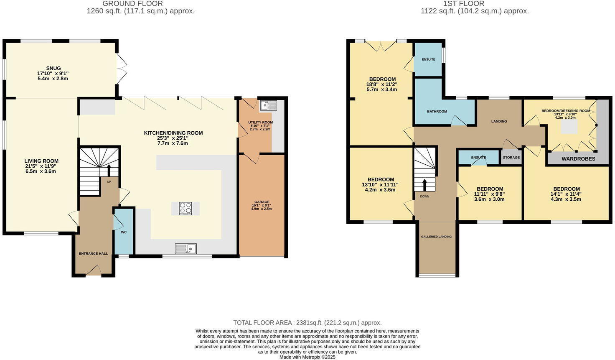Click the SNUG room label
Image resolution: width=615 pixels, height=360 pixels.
(53, 68)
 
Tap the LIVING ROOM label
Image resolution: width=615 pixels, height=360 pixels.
(41, 161)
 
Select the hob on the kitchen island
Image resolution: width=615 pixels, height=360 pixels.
(186, 208)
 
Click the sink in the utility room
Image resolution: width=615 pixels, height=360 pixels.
(265, 105)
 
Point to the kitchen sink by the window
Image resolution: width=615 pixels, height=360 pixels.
(186, 249)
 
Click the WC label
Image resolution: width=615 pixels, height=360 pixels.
(124, 232)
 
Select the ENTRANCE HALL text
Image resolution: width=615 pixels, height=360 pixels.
(94, 253)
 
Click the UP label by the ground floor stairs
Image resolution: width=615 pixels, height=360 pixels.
(109, 181)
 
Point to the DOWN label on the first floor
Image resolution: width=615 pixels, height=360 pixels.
(424, 196)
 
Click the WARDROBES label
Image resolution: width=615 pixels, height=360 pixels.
(578, 159)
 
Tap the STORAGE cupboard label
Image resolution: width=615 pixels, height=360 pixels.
(511, 157)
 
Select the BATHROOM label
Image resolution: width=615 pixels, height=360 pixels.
(437, 112)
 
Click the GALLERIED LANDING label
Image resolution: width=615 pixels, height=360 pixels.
(436, 237)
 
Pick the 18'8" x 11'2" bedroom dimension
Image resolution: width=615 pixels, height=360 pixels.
(381, 84)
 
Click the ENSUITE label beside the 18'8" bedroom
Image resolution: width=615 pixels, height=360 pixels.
(428, 59)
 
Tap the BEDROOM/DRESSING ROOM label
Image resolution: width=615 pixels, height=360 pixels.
(566, 111)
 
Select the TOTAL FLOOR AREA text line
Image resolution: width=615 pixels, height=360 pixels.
(307, 323)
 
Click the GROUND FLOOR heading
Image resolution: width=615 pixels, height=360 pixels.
(132, 4)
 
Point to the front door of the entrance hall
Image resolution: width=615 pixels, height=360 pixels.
(94, 272)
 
